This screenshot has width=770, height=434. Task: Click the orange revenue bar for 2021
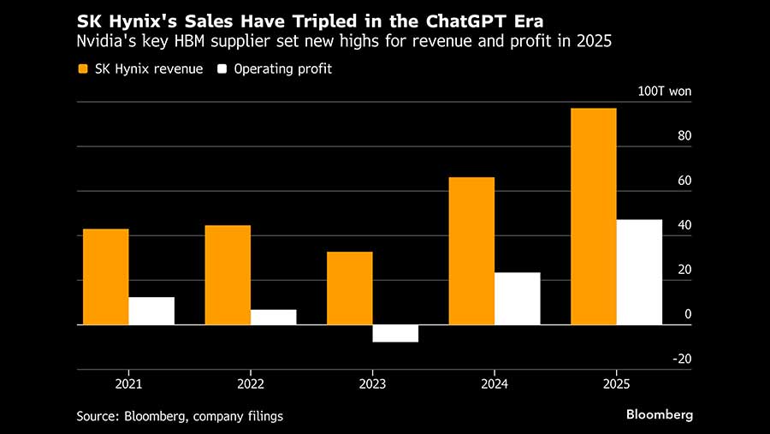[x=105, y=276]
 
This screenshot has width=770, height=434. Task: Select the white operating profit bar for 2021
[x=151, y=311]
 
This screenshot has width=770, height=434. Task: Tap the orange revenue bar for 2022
[x=228, y=275]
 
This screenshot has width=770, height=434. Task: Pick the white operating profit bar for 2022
[x=274, y=317]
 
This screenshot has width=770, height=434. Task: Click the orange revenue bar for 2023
[x=350, y=288]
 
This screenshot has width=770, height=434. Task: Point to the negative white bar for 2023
[x=395, y=334]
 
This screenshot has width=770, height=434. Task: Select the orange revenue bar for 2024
[x=471, y=251]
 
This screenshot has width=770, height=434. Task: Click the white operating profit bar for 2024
[x=518, y=299]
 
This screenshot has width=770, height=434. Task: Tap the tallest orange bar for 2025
[x=594, y=217]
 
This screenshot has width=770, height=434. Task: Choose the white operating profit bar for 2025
[x=639, y=272]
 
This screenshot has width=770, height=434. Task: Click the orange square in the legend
[x=84, y=69]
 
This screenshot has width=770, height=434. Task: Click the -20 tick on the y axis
[x=682, y=360]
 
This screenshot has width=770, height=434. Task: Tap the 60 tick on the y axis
[x=684, y=181]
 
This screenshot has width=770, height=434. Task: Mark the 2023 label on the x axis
[x=372, y=384]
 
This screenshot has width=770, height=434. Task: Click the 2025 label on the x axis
[x=616, y=384]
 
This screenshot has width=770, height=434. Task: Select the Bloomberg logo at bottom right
[x=660, y=415]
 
